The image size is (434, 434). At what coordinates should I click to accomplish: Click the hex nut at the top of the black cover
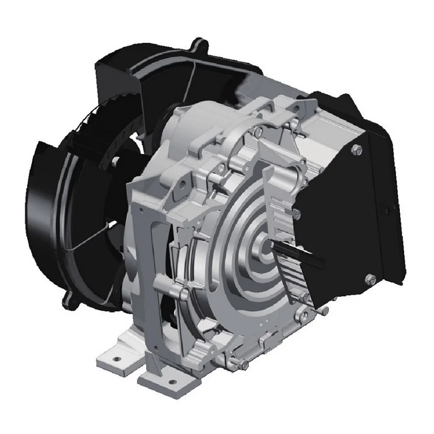pyautogui.click(x=357, y=150)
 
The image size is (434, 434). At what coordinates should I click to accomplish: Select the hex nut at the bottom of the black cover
pyautogui.click(x=370, y=279)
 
